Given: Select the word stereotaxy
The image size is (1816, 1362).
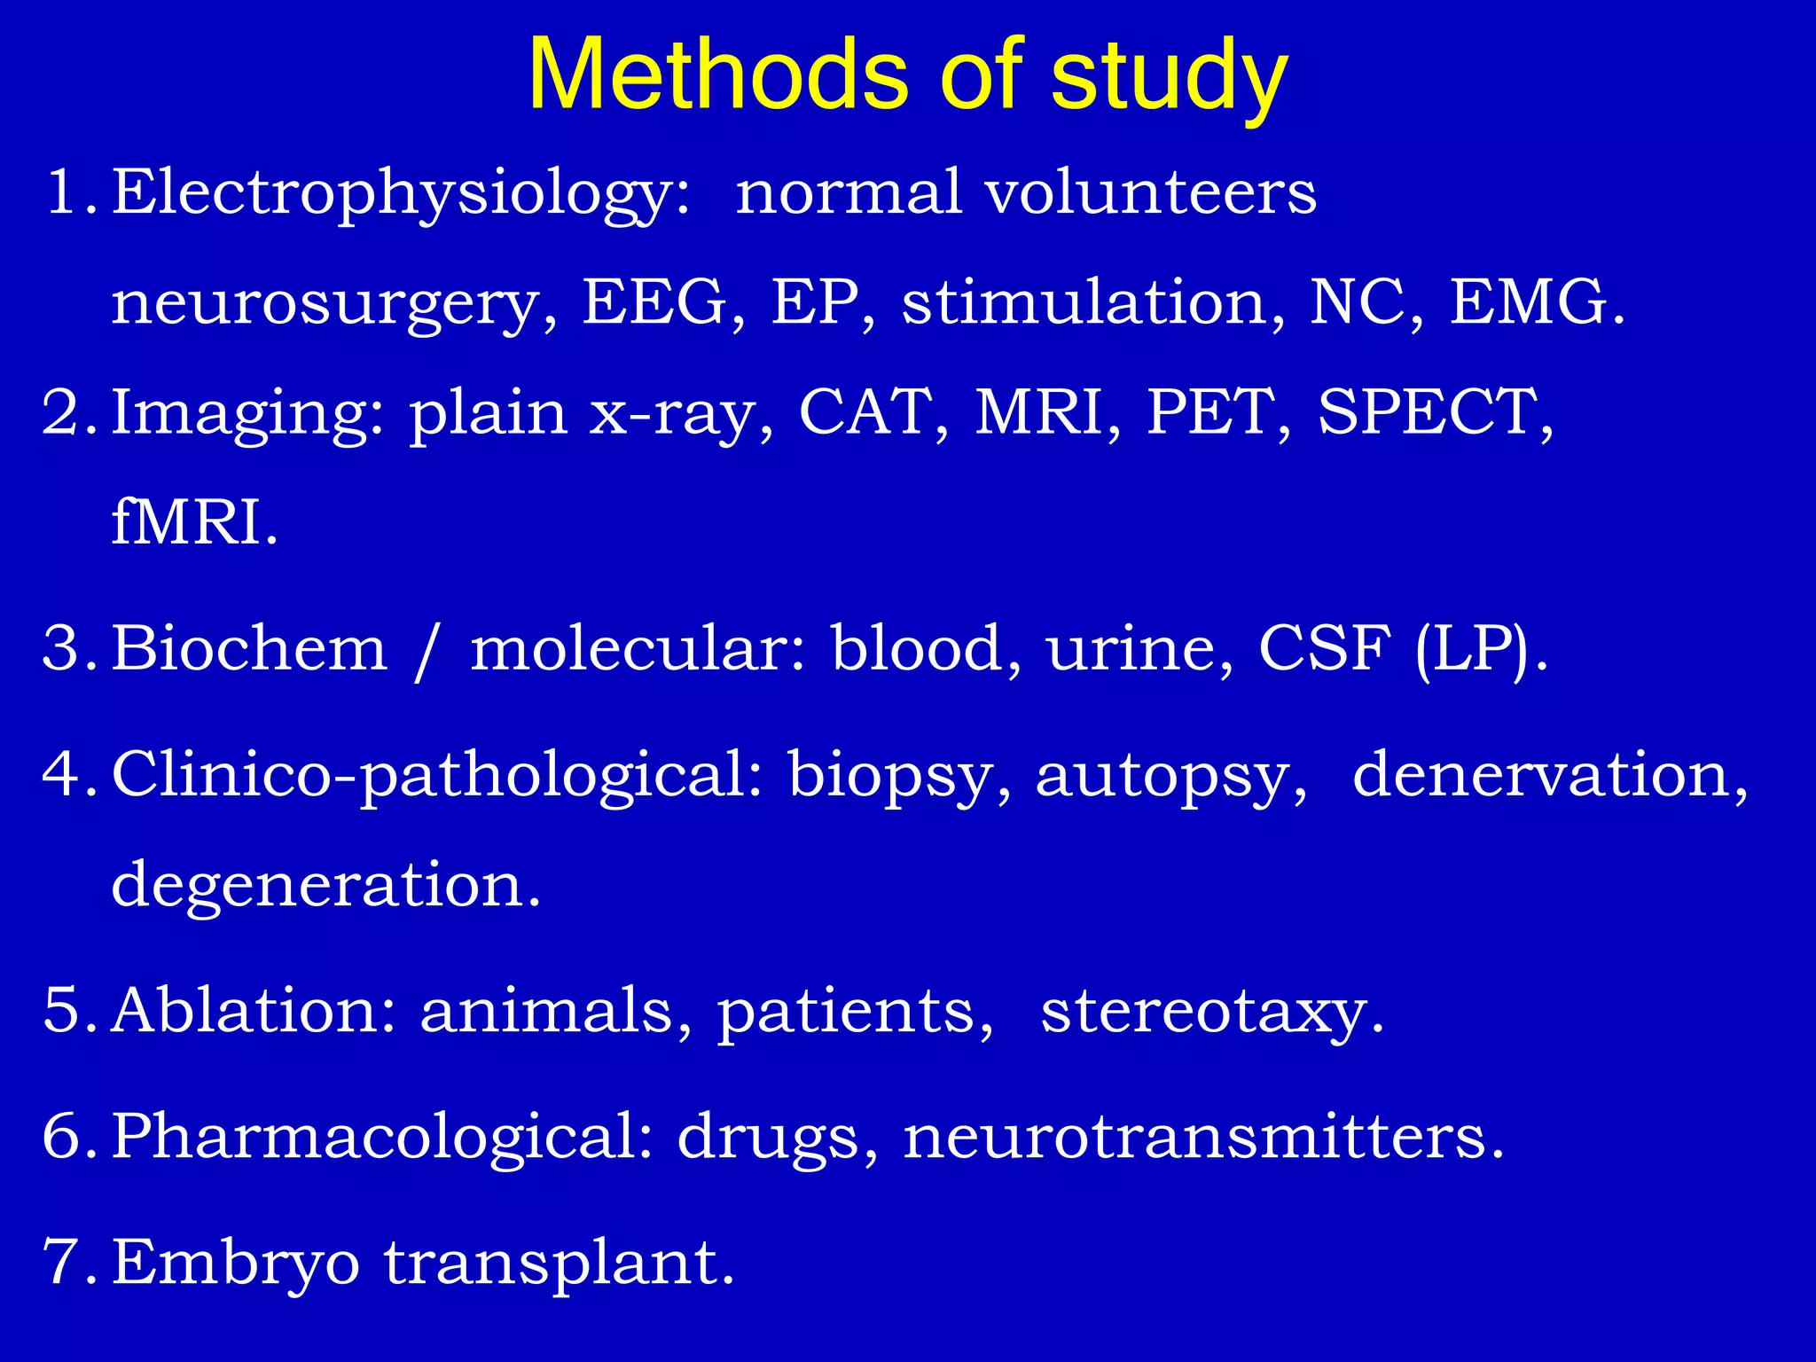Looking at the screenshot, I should (x=1211, y=1013).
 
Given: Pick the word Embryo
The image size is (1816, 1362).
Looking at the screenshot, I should (x=236, y=1264).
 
